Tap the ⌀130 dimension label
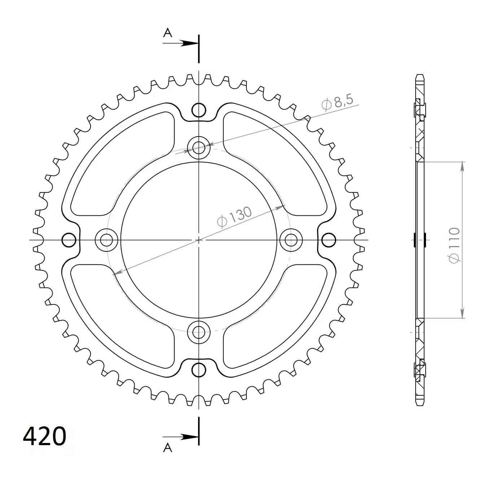click(x=234, y=217)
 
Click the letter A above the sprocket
click(x=168, y=33)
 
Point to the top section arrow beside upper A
click(x=181, y=43)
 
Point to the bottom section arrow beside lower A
click(x=181, y=437)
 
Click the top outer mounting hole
click(x=199, y=110)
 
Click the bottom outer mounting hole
click(x=199, y=370)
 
